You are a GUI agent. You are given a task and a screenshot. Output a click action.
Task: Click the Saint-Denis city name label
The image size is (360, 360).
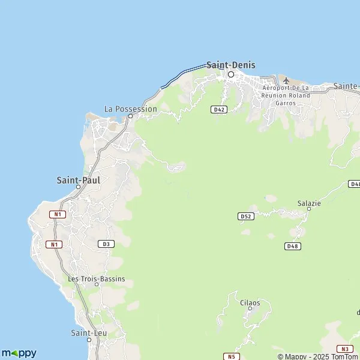[x=230, y=65]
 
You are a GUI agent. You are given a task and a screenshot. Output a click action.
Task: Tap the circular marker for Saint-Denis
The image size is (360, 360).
[x=230, y=74]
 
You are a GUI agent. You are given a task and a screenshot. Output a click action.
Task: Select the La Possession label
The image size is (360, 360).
[x=130, y=109]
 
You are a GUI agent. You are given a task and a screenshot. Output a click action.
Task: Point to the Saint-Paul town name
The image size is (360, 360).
[x=78, y=179]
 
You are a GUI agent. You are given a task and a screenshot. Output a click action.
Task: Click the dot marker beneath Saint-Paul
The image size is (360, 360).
[x=78, y=187]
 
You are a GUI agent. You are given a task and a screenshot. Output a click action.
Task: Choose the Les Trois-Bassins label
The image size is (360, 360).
[x=97, y=279]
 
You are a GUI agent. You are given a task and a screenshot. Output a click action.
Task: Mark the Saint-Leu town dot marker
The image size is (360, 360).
[x=89, y=340]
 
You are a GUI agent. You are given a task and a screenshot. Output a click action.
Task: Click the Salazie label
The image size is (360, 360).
[x=309, y=203]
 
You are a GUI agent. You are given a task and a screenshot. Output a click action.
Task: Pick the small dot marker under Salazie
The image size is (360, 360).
[x=309, y=209]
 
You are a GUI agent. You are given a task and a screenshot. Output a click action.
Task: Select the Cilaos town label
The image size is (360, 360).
[x=250, y=303]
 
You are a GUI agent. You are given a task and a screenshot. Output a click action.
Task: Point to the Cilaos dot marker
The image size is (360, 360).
[x=250, y=310]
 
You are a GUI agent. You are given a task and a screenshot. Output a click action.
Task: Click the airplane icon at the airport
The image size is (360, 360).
[x=286, y=80]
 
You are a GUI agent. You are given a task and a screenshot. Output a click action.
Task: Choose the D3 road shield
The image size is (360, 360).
[x=106, y=244]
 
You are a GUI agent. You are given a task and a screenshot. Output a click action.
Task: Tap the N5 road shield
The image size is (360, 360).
[x=231, y=356]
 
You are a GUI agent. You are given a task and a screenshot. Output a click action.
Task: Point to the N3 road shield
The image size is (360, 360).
[x=344, y=349]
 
